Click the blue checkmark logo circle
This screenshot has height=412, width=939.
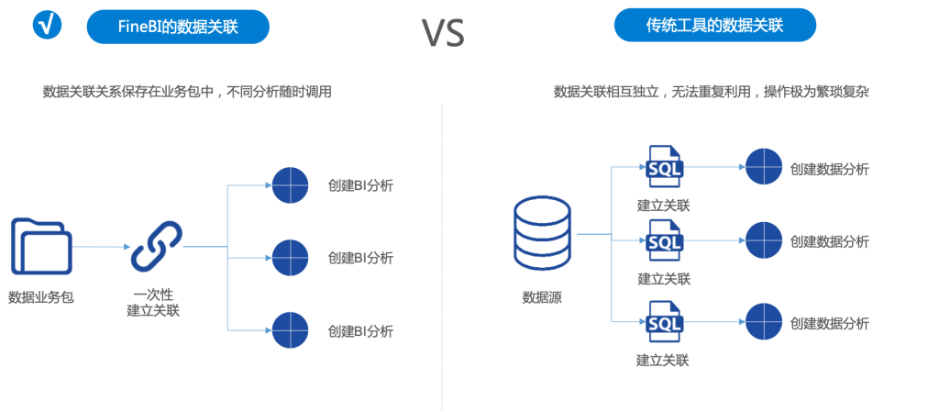point(47,27)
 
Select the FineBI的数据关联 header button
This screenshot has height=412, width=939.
point(178,28)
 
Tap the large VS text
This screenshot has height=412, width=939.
point(443,32)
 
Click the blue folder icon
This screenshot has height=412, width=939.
point(41,246)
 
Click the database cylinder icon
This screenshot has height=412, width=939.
point(541,235)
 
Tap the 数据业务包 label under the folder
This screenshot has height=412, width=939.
point(40,296)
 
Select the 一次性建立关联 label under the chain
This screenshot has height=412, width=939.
point(153,303)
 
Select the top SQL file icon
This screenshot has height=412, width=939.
point(664,167)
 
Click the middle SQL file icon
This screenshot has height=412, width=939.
point(664,241)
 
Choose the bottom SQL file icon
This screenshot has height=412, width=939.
point(664,322)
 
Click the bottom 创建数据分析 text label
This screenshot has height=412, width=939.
point(830,323)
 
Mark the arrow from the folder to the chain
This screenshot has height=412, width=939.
point(101,247)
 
